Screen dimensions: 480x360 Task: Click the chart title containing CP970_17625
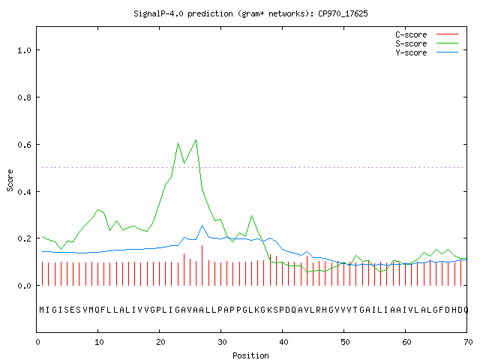pos(250,13)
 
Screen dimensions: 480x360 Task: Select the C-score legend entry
pos(411,34)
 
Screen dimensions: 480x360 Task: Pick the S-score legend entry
pos(411,43)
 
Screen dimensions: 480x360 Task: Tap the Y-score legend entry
pos(411,52)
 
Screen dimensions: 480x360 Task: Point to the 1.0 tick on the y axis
pos(24,50)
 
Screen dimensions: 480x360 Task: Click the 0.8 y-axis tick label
pos(24,97)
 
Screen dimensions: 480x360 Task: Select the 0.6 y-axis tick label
pos(24,145)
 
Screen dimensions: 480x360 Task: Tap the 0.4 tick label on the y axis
pos(24,192)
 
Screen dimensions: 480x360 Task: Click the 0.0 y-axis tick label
pos(24,286)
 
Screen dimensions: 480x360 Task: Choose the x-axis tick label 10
pos(99,342)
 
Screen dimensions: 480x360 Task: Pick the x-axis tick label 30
pos(222,342)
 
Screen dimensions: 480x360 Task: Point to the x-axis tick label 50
pos(345,342)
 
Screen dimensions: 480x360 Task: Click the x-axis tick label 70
pos(468,342)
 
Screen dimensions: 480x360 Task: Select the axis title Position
pos(250,355)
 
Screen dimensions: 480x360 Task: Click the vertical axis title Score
pos(10,180)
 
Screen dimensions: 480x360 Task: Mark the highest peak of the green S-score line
pos(196,140)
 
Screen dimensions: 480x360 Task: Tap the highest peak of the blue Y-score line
pos(202,225)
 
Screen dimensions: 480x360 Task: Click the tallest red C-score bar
pos(202,265)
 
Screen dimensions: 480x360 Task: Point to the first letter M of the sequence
pos(42,310)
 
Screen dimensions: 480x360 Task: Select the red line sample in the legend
pos(447,34)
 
